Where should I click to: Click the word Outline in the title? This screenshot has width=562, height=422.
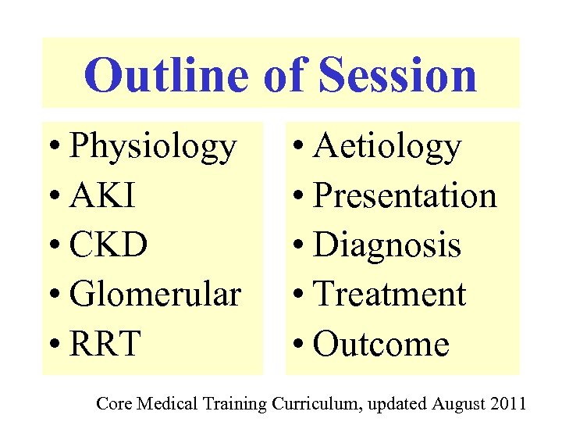pyautogui.click(x=164, y=75)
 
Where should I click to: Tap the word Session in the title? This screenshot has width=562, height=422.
pyautogui.click(x=397, y=75)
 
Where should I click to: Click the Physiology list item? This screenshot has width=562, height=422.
pyautogui.click(x=152, y=147)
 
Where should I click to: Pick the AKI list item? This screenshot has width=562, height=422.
pyautogui.click(x=102, y=196)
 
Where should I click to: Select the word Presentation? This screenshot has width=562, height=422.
pyautogui.click(x=404, y=196)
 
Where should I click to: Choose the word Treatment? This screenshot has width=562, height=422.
pyautogui.click(x=389, y=295)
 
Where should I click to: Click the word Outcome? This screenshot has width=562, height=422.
pyautogui.click(x=382, y=344)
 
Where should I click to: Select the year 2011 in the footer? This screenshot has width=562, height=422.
pyautogui.click(x=508, y=403)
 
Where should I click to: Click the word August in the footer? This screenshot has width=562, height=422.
pyautogui.click(x=459, y=403)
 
